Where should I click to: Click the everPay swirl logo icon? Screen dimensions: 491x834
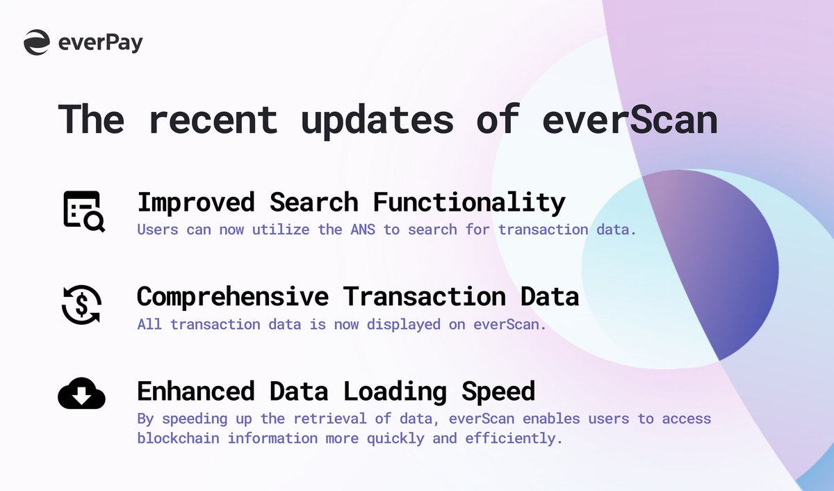(x=36, y=42)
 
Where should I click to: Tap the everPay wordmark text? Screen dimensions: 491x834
(x=101, y=42)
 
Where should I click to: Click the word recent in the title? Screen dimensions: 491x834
(x=213, y=119)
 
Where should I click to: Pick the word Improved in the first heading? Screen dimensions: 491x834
(x=197, y=202)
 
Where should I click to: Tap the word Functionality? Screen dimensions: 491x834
(x=469, y=202)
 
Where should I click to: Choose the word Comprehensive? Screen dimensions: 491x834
(x=232, y=296)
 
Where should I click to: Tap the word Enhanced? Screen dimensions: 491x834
(x=197, y=391)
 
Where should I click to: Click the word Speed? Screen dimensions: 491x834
(x=498, y=391)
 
